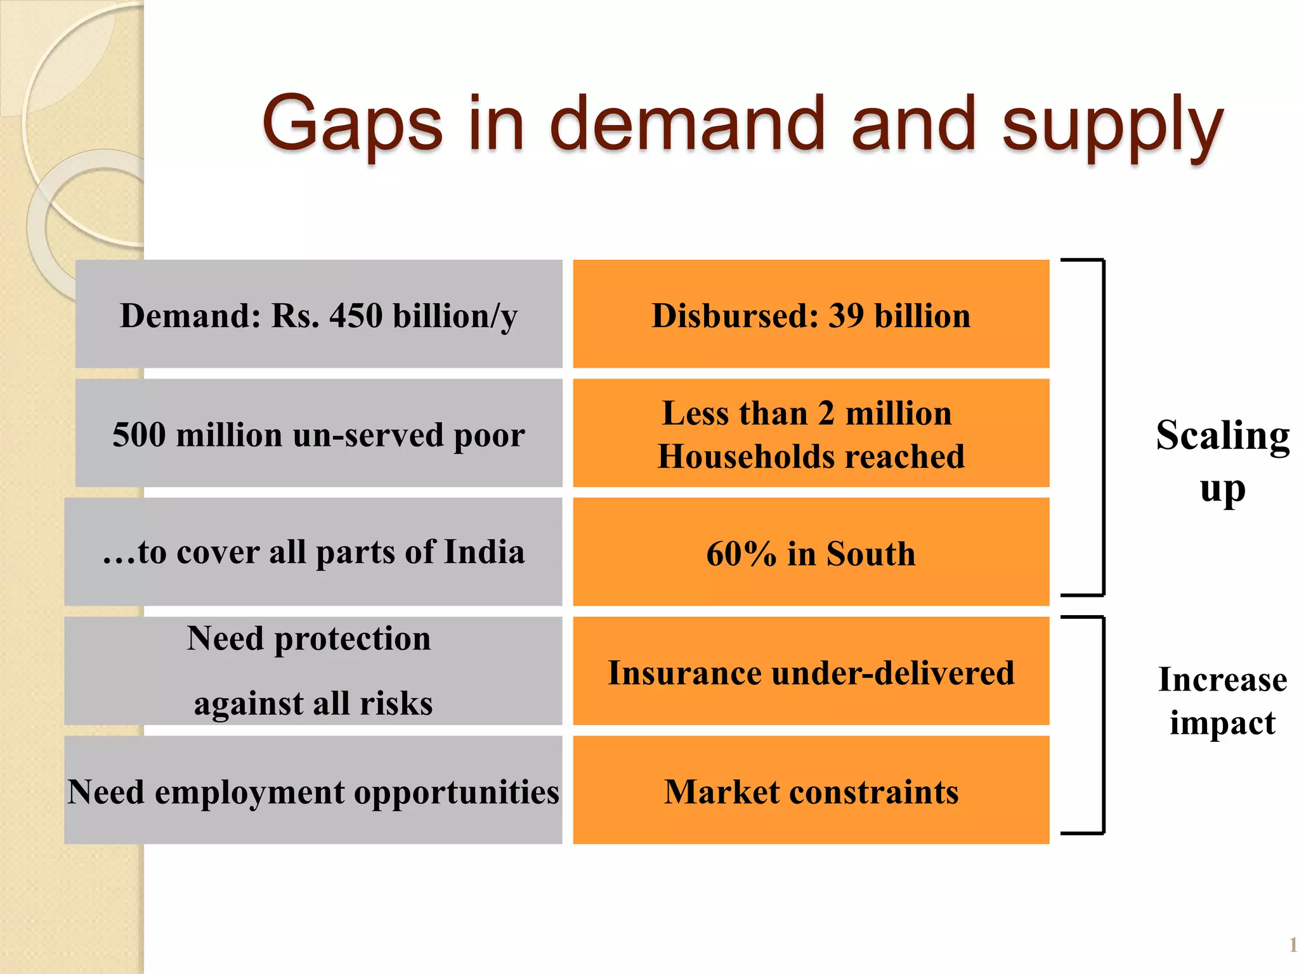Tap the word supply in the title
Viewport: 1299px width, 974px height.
1112,127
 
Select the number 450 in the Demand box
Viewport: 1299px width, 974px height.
355,315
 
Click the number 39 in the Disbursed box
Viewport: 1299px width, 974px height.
846,315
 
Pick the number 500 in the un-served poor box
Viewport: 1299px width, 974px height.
139,435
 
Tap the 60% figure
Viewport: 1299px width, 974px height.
741,554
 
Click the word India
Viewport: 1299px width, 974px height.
484,552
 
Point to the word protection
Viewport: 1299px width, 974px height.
352,639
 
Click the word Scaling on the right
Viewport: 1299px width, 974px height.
1222,436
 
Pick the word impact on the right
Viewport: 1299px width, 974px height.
1222,723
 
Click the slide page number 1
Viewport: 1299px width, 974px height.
1292,945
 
